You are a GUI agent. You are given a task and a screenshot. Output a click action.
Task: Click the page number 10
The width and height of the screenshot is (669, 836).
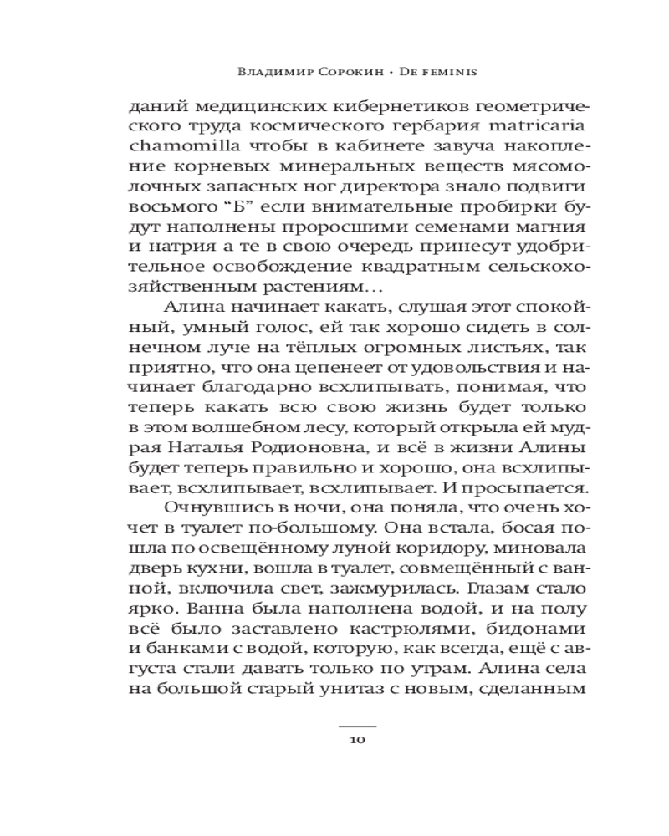point(357,739)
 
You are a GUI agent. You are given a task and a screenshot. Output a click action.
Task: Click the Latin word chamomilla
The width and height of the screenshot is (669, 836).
point(175,150)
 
